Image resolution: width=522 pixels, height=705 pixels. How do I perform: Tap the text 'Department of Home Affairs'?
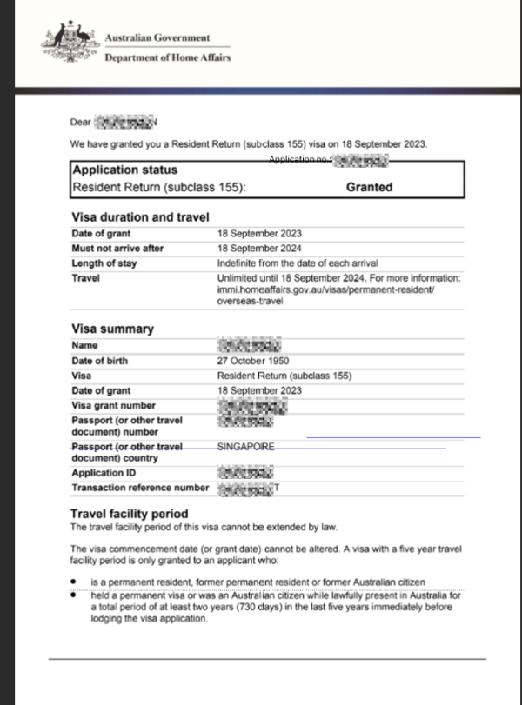pyautogui.click(x=167, y=57)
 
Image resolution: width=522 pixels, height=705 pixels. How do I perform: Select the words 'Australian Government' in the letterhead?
pyautogui.click(x=157, y=37)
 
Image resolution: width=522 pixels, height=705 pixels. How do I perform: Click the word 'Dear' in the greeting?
pyautogui.click(x=80, y=123)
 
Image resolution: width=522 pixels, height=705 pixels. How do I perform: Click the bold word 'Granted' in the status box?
pyautogui.click(x=369, y=187)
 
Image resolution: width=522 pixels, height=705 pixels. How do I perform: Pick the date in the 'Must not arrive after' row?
pyautogui.click(x=259, y=249)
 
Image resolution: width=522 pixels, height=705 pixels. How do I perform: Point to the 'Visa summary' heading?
pyautogui.click(x=111, y=329)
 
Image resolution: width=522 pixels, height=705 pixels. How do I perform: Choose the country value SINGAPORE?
pyautogui.click(x=245, y=447)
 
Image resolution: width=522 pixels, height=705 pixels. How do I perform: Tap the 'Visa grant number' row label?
pyautogui.click(x=113, y=406)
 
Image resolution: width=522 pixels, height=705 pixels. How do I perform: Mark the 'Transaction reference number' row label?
pyautogui.click(x=139, y=489)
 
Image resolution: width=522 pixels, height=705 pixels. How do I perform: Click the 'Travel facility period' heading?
pyautogui.click(x=129, y=514)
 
